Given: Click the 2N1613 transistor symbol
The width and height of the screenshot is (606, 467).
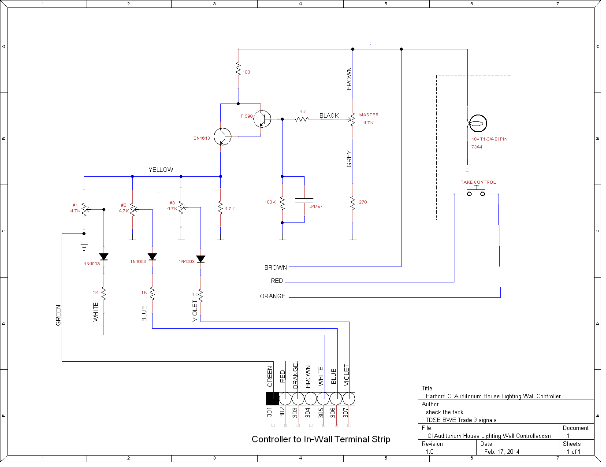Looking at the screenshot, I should (223, 137).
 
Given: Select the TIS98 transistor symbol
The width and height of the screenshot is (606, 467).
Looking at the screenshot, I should (262, 119).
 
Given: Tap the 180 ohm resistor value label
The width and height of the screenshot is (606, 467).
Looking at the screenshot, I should (246, 72).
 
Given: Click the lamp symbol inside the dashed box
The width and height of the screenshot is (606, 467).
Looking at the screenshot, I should (477, 123).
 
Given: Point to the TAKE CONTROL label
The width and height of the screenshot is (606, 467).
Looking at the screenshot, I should (478, 182).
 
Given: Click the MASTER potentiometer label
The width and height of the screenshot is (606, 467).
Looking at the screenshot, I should (368, 115).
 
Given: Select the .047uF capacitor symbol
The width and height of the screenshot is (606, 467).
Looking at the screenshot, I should (304, 200).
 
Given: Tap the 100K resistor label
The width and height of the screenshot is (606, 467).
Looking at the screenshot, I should (270, 202).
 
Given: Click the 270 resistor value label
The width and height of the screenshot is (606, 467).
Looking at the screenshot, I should (363, 202).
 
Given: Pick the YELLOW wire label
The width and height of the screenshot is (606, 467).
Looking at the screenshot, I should (161, 170).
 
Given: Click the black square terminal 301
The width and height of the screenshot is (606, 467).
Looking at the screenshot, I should (272, 399).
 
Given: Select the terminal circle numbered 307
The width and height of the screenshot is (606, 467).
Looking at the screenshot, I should (349, 399).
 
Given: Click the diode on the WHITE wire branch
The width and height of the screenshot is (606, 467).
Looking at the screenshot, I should (104, 256).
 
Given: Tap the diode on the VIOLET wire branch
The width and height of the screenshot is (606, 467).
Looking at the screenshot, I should (201, 259).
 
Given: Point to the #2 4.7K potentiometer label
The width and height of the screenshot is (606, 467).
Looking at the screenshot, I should (123, 208).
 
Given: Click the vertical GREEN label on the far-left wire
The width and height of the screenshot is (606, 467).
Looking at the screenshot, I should (58, 315).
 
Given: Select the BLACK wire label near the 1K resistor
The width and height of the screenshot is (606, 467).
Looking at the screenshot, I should (329, 115).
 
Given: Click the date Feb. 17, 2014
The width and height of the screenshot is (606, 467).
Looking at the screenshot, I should (502, 452).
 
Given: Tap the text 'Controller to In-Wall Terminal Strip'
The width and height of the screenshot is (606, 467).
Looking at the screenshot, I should (321, 439).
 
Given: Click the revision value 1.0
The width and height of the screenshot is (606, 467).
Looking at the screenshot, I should (429, 452).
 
